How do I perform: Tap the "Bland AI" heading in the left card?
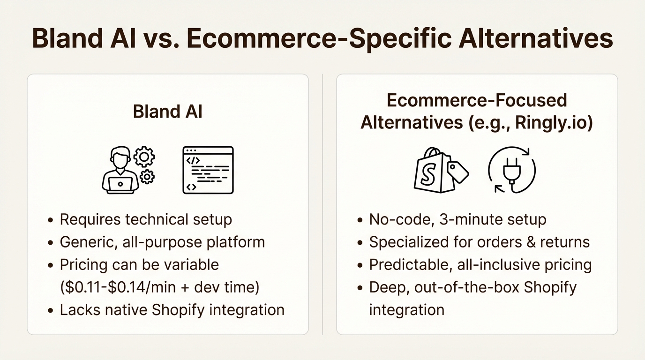click(x=167, y=112)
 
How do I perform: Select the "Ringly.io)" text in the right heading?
click(x=554, y=123)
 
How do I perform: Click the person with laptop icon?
click(x=120, y=170)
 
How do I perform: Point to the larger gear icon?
click(x=144, y=157)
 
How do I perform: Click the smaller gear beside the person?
click(x=147, y=177)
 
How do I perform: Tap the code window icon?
click(x=208, y=170)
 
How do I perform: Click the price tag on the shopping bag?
click(x=457, y=171)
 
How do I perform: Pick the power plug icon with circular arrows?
click(x=512, y=170)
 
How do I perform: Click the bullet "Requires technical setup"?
click(x=146, y=219)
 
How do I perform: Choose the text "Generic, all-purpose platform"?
click(x=162, y=242)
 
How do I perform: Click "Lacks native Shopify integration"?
click(x=172, y=310)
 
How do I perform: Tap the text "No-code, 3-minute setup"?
click(x=457, y=219)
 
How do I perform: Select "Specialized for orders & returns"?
click(x=479, y=242)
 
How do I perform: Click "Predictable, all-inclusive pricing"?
click(x=480, y=264)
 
